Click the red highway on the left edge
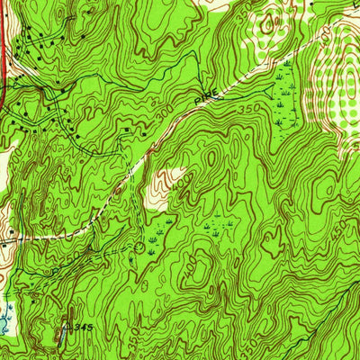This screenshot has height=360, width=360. (x=3, y=54)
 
